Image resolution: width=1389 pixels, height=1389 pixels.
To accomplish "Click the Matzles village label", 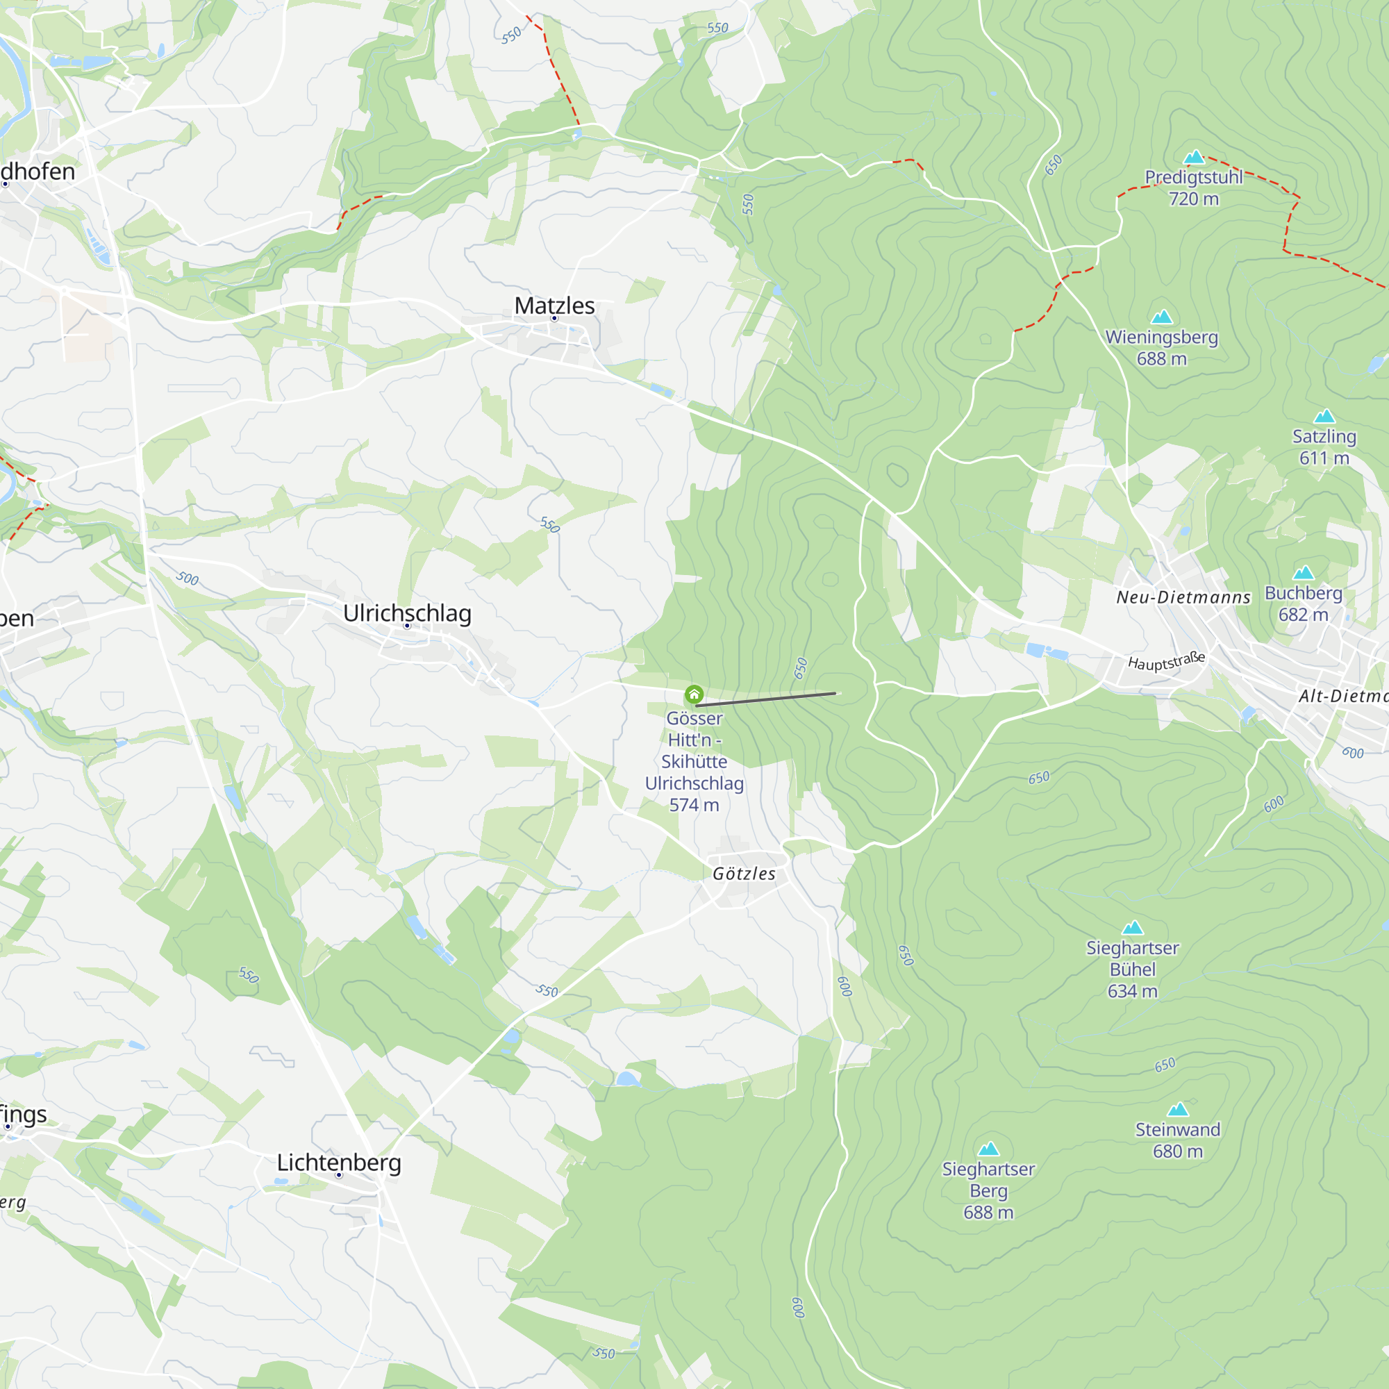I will click(554, 306).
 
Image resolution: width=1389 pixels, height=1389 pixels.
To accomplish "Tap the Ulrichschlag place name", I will click(407, 613).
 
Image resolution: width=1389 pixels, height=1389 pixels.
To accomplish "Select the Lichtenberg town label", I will click(339, 1163).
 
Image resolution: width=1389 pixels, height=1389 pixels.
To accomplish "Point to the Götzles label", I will click(744, 874).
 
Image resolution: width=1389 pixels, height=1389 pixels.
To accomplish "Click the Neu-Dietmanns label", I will click(1183, 597).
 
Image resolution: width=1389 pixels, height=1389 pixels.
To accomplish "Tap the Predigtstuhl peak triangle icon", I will click(1193, 157).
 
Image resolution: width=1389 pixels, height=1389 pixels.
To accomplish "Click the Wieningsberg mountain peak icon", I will click(1162, 317).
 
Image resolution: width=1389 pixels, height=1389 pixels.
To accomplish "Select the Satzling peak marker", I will click(1324, 416).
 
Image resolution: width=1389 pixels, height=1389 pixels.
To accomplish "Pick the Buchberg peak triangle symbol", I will click(1304, 573).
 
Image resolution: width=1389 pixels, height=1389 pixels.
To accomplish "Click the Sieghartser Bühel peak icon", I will click(1132, 927).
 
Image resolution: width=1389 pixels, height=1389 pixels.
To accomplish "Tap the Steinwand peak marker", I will click(1178, 1109).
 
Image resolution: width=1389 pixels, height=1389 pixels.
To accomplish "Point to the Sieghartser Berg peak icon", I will click(988, 1149).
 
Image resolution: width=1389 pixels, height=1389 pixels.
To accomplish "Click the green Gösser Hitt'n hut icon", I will click(694, 694).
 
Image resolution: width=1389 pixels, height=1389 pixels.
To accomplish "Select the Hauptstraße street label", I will click(1166, 661).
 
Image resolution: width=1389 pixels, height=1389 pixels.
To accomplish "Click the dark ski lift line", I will click(765, 699).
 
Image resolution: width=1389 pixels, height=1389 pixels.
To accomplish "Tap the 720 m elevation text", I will click(1193, 199).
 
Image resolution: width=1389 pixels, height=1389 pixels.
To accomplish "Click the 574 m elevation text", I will click(694, 805).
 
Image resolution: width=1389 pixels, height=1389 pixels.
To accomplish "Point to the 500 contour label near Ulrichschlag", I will click(187, 578).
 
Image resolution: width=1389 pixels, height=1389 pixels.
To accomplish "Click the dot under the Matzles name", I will click(554, 319).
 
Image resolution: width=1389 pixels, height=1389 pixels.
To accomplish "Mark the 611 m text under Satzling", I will click(1324, 458).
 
